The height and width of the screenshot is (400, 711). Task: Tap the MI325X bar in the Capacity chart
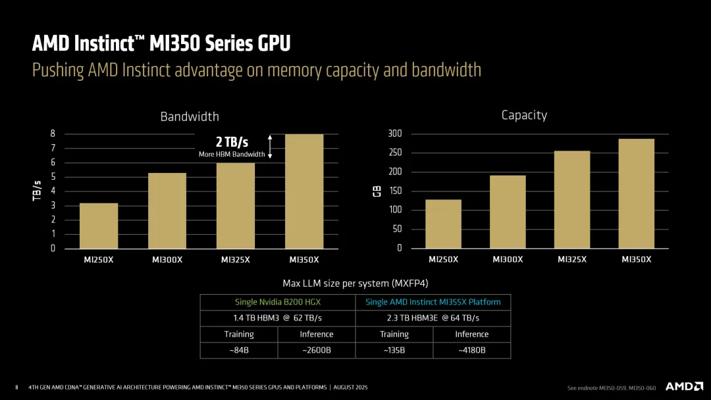572,199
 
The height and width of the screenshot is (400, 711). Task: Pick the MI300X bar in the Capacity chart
508,212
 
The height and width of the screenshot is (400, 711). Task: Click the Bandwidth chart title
190,116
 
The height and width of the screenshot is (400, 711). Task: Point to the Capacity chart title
524,115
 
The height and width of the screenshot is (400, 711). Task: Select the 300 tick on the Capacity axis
395,134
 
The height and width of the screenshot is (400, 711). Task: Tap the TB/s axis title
37,190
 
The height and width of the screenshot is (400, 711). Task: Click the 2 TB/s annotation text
232,142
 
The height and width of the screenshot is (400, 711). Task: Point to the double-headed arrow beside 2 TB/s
270,147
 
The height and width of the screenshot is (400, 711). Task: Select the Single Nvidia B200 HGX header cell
277,302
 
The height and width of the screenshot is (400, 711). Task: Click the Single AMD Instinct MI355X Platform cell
433,302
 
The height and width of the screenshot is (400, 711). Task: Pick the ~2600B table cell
316,350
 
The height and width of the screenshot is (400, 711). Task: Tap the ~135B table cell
394,350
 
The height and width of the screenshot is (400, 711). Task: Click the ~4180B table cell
471,350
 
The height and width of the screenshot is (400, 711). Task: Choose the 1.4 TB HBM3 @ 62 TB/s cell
277,318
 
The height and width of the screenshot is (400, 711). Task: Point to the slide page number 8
16,387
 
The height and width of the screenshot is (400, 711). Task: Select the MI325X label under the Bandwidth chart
236,259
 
